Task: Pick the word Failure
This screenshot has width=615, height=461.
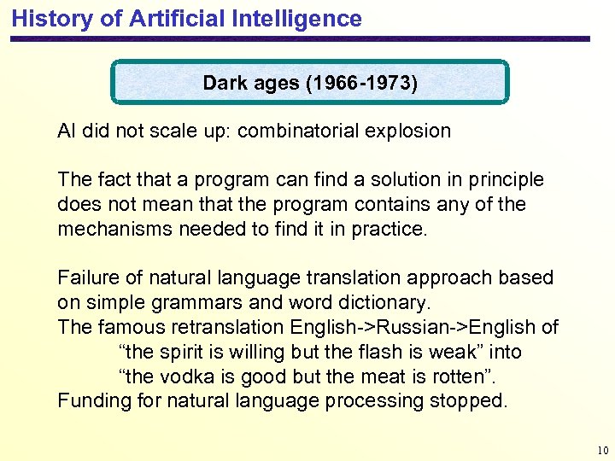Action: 87,278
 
